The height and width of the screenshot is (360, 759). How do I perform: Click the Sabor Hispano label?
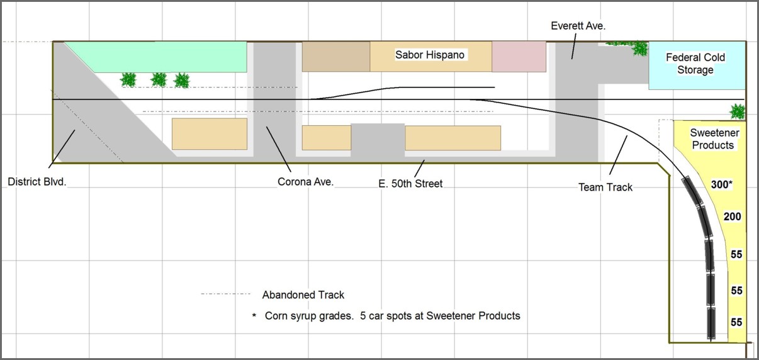pyautogui.click(x=430, y=55)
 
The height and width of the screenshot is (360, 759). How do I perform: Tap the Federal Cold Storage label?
pyautogui.click(x=695, y=64)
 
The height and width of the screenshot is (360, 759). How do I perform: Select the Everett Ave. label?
pyautogui.click(x=578, y=26)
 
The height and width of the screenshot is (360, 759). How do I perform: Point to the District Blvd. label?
pyautogui.click(x=37, y=182)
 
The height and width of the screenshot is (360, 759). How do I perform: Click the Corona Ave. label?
pyautogui.click(x=305, y=182)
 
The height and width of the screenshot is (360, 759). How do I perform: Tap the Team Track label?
pyautogui.click(x=605, y=186)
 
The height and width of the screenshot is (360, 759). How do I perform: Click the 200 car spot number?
pyautogui.click(x=732, y=217)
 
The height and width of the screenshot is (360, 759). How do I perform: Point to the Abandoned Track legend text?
pyautogui.click(x=303, y=295)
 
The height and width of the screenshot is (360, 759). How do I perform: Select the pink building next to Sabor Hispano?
pyautogui.click(x=519, y=56)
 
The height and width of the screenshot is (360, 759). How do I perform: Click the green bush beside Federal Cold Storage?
pyautogui.click(x=639, y=48)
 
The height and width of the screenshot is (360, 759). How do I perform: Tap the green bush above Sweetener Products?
pyautogui.click(x=738, y=111)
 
